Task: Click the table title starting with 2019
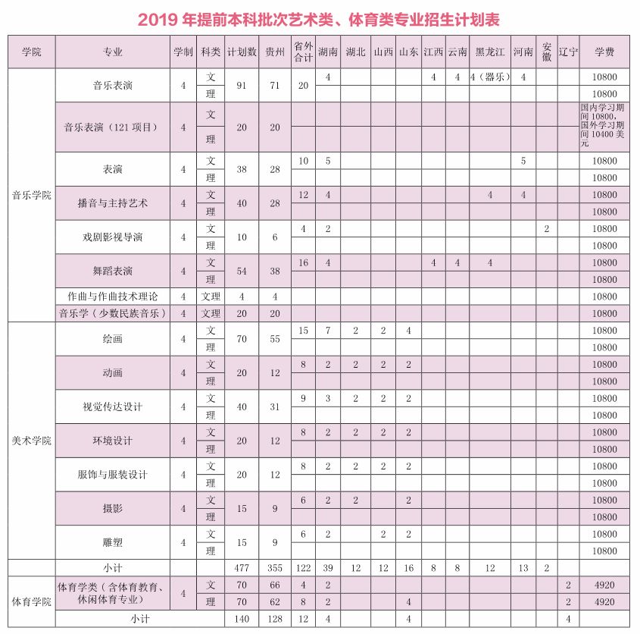[319, 18]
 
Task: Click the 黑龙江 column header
[490, 52]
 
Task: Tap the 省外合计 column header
[303, 52]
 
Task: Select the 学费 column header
[604, 52]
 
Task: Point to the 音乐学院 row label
[31, 195]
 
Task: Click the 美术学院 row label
[31, 441]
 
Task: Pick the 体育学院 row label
[31, 601]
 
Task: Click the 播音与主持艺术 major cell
[113, 203]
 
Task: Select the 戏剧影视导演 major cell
[113, 237]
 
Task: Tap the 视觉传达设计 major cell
[113, 406]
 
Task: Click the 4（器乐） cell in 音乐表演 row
[490, 77]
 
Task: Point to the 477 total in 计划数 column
[242, 567]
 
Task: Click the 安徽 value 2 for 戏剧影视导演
[546, 228]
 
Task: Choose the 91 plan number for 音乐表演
[242, 86]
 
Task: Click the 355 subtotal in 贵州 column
[275, 567]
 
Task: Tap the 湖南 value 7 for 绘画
[328, 331]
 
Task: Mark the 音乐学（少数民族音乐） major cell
[113, 313]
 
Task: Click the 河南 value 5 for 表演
[523, 161]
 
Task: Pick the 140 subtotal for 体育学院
[242, 619]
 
